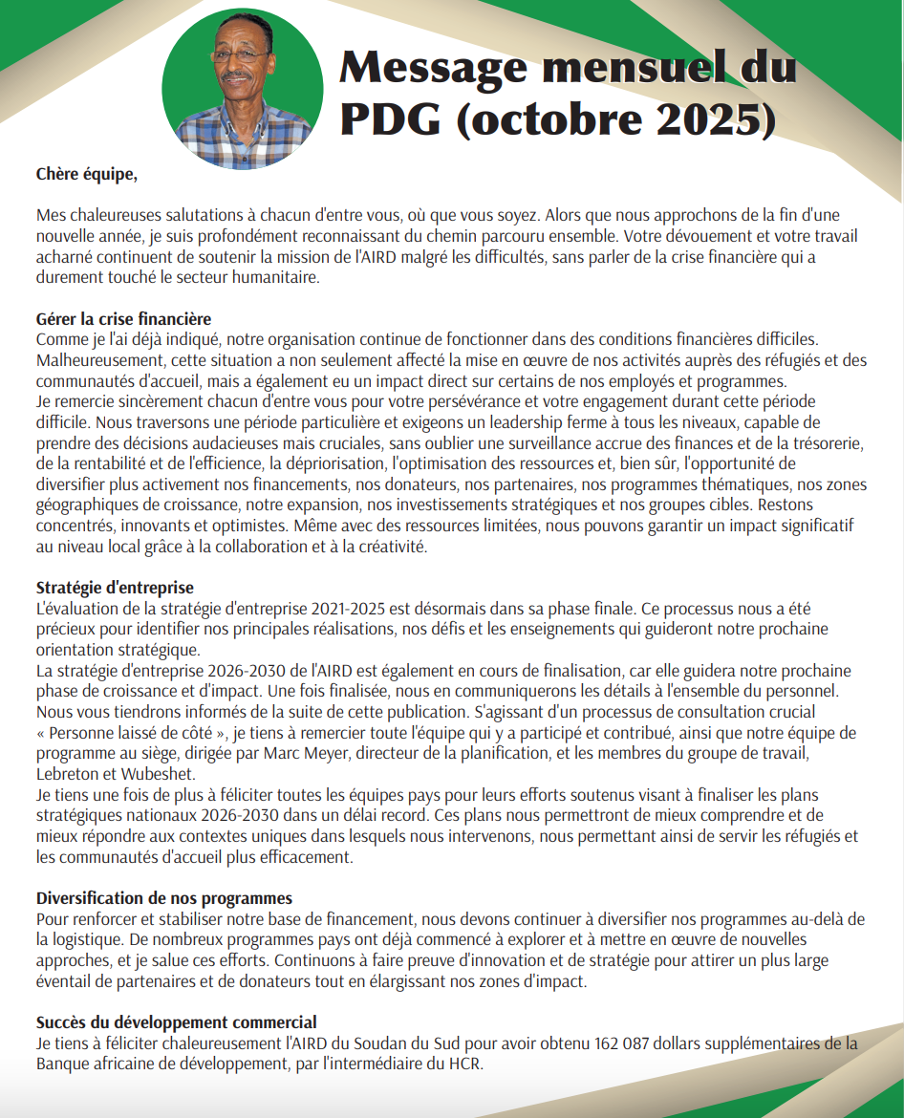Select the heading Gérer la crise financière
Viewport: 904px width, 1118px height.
[124, 319]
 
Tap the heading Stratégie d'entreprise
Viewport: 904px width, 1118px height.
[115, 588]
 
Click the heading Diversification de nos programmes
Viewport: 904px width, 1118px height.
[164, 898]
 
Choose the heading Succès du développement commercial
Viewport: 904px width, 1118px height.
[177, 1023]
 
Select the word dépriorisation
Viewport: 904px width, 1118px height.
[329, 464]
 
